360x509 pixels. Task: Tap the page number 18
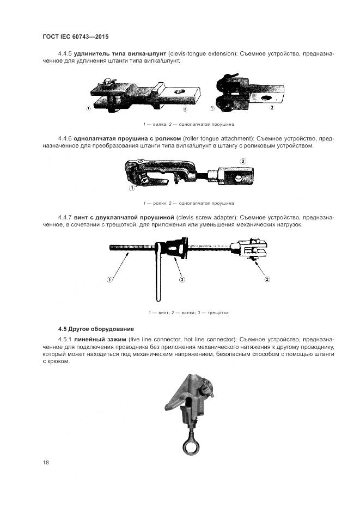coord(46,463)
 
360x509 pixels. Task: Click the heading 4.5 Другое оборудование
coord(95,329)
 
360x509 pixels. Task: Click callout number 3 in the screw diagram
coord(182,280)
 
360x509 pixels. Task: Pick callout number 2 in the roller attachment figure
coord(243,161)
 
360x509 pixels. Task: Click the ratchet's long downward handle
coord(158,278)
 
